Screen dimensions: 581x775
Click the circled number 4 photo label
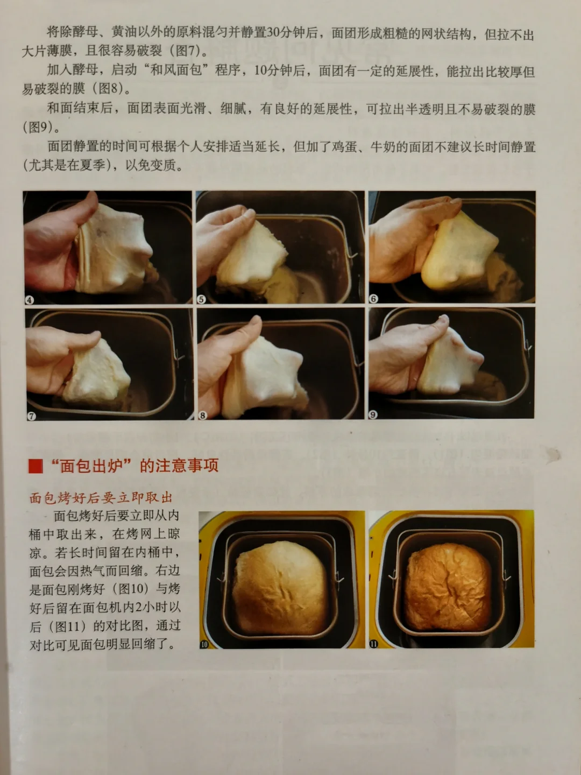[x=29, y=300]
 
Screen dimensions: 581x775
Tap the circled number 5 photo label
[x=201, y=300]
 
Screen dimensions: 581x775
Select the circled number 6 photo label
[x=373, y=299]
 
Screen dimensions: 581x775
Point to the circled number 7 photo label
[x=31, y=416]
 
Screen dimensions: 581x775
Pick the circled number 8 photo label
[x=202, y=415]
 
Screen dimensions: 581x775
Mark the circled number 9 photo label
[x=373, y=414]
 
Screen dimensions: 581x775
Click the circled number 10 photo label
[x=204, y=644]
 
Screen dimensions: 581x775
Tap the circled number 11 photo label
[x=373, y=644]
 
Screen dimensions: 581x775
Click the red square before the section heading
[x=36, y=467]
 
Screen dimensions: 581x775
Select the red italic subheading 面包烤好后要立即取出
[x=101, y=498]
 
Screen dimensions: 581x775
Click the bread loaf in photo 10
[x=280, y=588]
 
